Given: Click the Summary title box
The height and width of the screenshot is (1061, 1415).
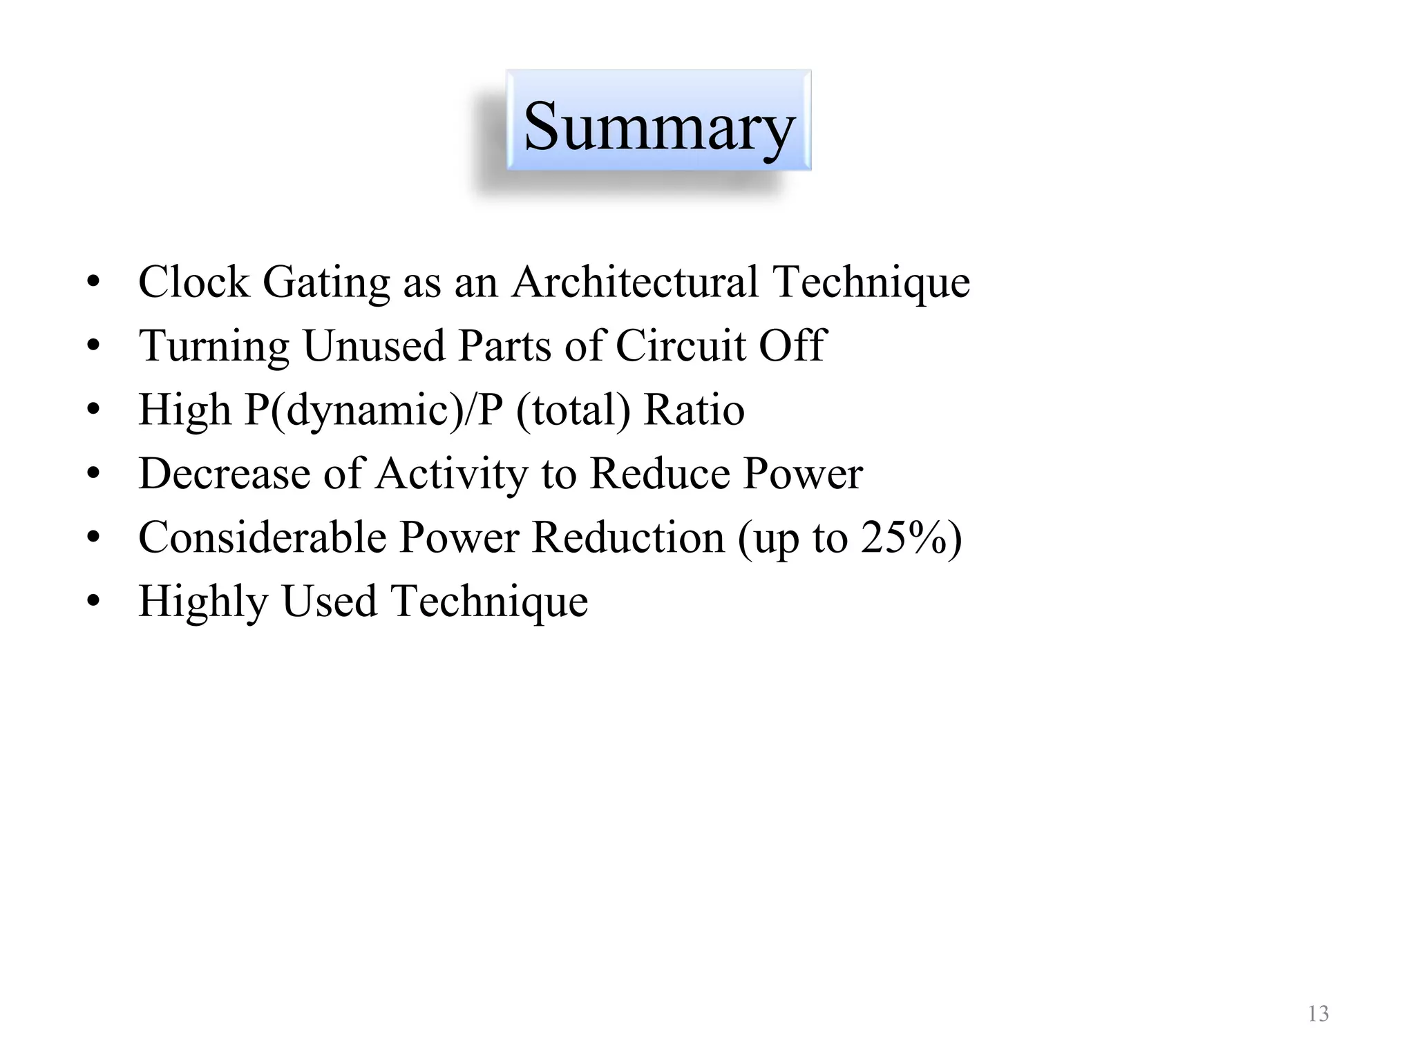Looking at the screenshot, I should pyautogui.click(x=658, y=121).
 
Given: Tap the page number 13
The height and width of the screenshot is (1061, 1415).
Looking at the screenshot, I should pyautogui.click(x=1318, y=1014).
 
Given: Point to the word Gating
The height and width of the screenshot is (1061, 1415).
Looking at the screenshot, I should pyautogui.click(x=326, y=283).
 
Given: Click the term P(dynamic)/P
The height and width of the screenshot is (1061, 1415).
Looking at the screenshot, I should pyautogui.click(x=374, y=410).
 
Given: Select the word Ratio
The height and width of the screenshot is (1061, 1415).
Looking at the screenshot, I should pyautogui.click(x=694, y=410).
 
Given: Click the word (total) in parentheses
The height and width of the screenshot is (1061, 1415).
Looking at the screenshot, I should pyautogui.click(x=573, y=410).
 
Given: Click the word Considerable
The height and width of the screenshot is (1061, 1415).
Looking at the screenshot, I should pyautogui.click(x=262, y=537).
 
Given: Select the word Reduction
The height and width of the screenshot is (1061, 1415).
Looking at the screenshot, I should pyautogui.click(x=628, y=537).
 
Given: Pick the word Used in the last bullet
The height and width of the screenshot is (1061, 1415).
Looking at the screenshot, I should pyautogui.click(x=329, y=601).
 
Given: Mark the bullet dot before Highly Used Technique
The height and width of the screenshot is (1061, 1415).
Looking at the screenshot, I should pyautogui.click(x=94, y=600).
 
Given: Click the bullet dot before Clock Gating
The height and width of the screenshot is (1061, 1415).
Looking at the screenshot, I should pyautogui.click(x=94, y=281).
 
